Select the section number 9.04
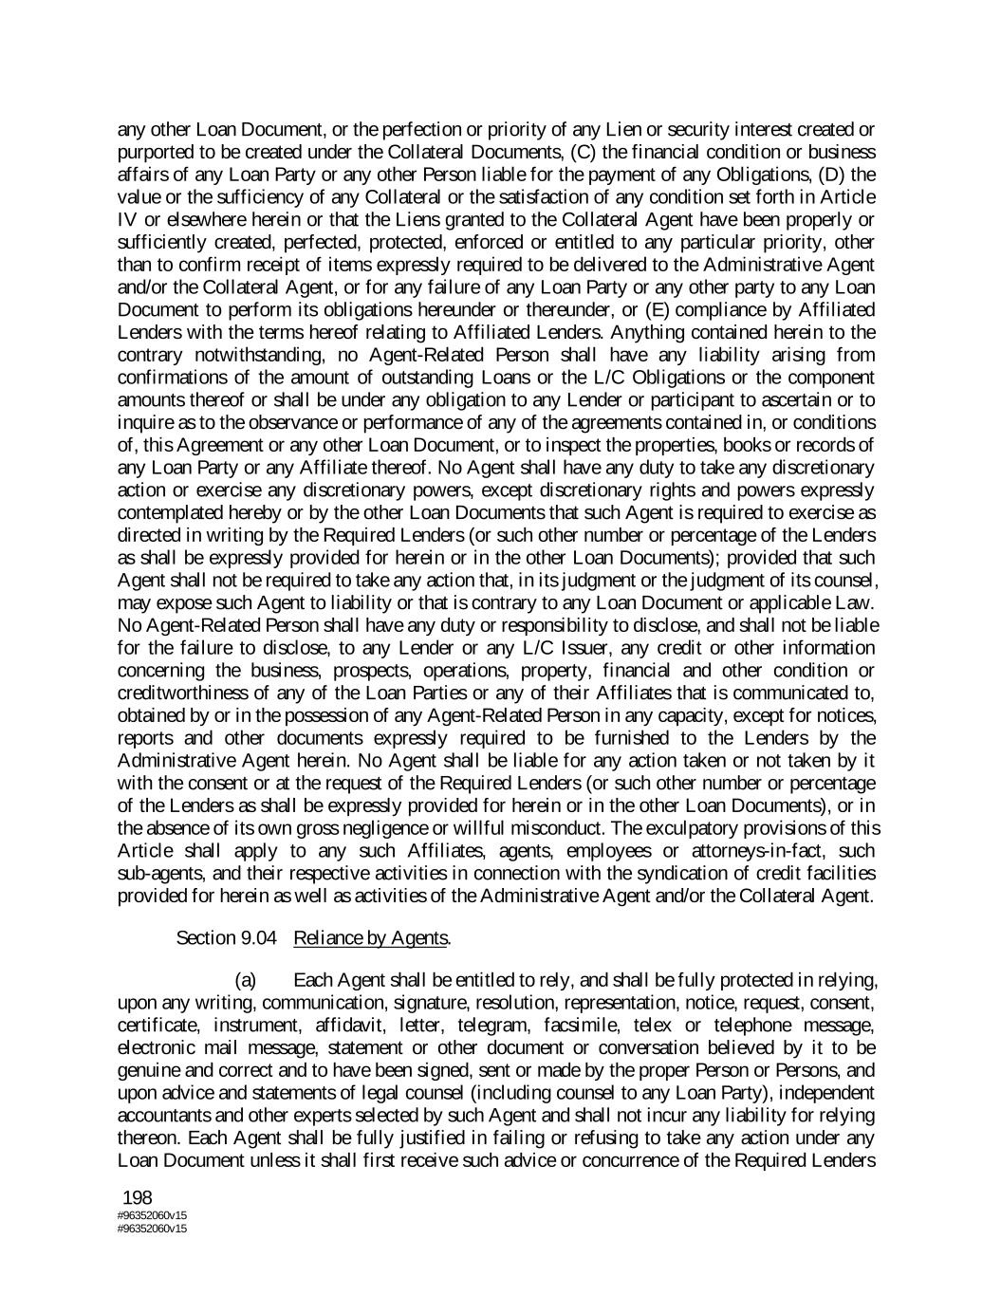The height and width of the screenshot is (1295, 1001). click(x=257, y=938)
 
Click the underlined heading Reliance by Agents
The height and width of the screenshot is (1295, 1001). click(x=370, y=938)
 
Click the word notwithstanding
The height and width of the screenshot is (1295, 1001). click(x=194, y=355)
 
